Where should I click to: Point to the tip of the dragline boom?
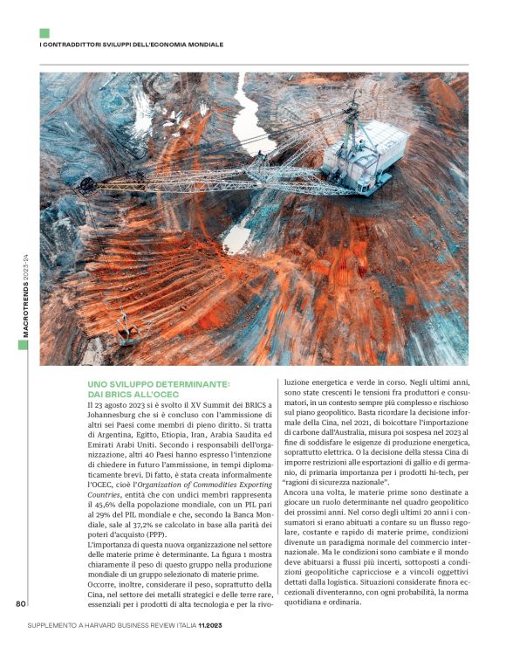[x=85, y=185]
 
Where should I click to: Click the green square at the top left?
[x=44, y=32]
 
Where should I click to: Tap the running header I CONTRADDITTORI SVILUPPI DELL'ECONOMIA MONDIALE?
[x=132, y=44]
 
